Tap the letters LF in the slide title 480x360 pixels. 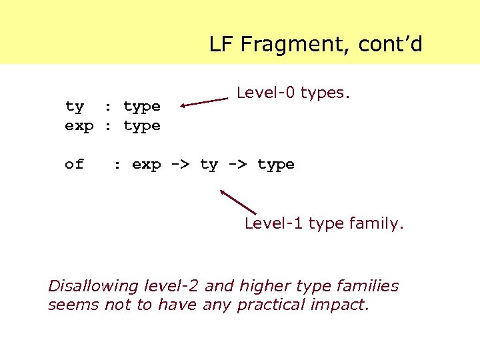pos(221,45)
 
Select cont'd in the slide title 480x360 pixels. pos(390,45)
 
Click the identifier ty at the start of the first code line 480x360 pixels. pos(75,107)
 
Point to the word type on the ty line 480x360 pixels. pos(142,107)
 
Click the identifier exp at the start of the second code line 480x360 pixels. pos(79,126)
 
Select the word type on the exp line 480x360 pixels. pos(142,127)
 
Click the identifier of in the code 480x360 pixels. pos(75,164)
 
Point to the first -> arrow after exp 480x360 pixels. pos(181,165)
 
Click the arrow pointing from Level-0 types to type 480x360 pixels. pos(204,102)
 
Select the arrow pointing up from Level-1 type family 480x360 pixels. pos(237,201)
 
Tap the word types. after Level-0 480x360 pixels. pos(325,93)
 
